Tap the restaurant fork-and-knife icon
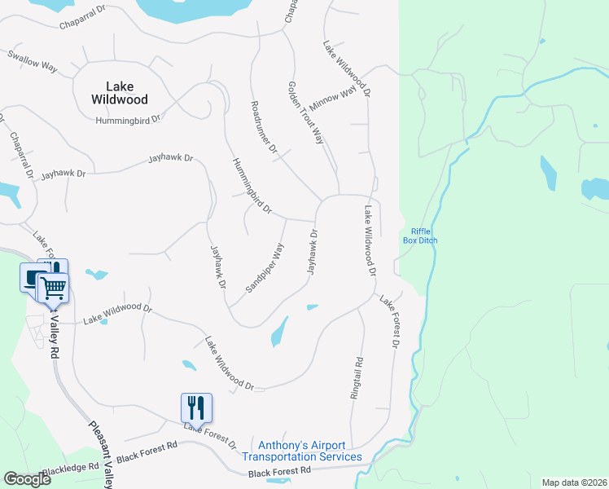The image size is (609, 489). (x=196, y=407)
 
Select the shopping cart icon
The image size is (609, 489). (x=53, y=287)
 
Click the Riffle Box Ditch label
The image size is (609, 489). (x=420, y=236)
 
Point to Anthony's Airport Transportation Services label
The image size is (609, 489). (x=302, y=451)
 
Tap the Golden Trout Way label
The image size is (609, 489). (x=307, y=112)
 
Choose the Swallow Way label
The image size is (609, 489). (x=32, y=62)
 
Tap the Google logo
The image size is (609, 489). (x=27, y=479)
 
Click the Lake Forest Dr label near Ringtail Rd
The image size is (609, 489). (x=388, y=322)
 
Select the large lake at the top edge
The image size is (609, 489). (x=191, y=8)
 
